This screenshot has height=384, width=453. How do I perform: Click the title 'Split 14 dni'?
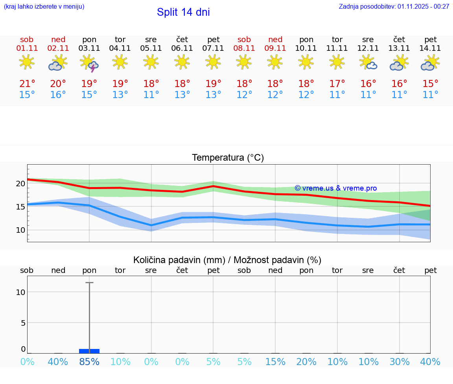pos(183,12)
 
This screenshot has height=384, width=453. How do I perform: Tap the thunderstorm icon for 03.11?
pos(89,63)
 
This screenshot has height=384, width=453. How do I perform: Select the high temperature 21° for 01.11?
pos(27,83)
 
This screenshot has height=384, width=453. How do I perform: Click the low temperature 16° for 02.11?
pos(58,95)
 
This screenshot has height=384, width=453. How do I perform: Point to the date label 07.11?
pos(213,48)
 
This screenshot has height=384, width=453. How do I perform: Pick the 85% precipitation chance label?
pos(89,362)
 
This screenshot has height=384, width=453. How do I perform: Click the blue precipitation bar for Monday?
pos(89,351)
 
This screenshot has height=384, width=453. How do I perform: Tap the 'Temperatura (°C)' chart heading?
pos(228,158)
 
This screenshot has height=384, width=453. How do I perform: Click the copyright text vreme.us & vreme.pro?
pos(335,188)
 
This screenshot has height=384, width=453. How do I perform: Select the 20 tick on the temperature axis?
pos(20,184)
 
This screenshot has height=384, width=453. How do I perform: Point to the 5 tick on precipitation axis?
pos(23,323)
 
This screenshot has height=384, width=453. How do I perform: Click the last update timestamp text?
pos(394,7)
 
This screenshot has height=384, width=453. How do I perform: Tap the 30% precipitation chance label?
pos(400,362)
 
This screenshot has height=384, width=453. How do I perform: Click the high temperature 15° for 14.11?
pos(431,83)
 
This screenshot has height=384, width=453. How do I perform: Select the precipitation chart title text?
pos(227,260)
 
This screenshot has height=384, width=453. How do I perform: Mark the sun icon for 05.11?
pos(151,62)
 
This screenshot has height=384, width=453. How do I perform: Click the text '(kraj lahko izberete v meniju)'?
pos(44,7)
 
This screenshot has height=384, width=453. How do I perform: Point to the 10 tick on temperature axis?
pos(20,230)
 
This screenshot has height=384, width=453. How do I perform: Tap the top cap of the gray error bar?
pos(89,282)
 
